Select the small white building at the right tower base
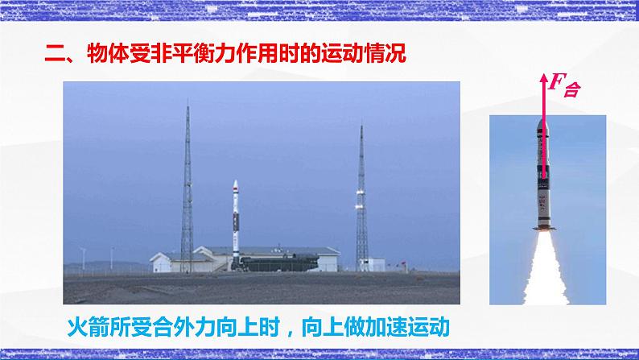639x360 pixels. click(x=372, y=261)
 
